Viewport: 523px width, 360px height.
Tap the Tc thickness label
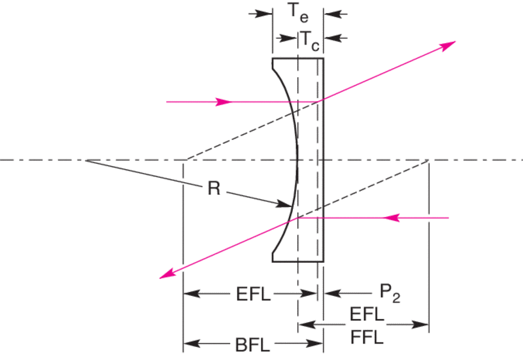310,39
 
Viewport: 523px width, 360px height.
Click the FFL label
367,338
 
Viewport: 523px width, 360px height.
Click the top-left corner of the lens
273,59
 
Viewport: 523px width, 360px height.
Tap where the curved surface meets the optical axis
298,160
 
